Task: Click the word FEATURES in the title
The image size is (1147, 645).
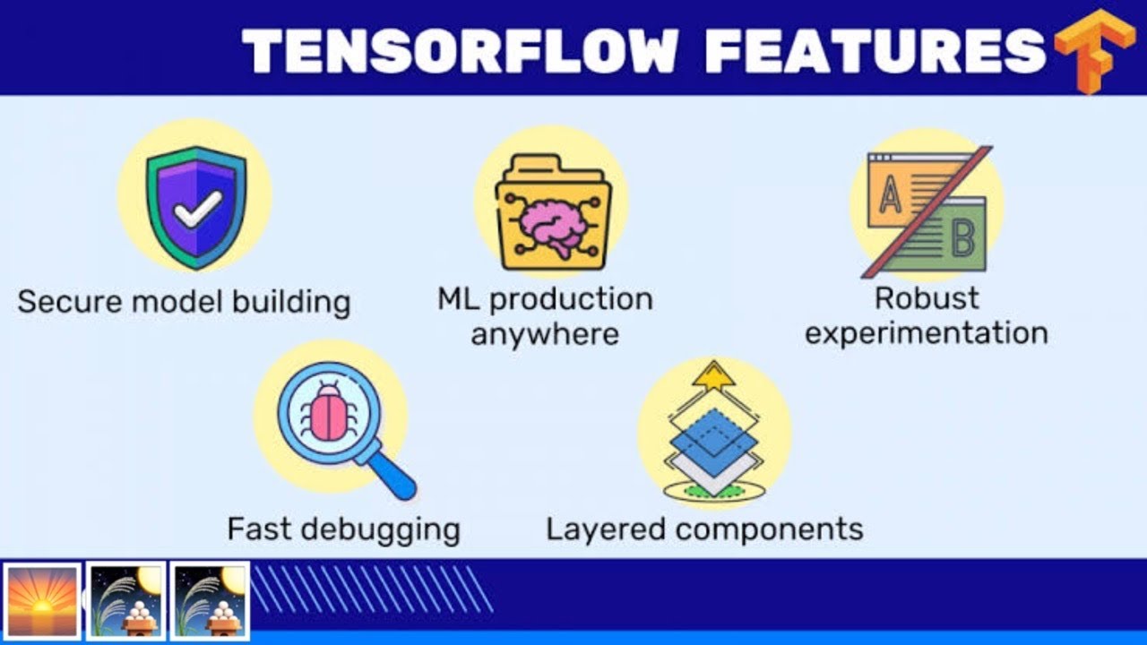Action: [x=875, y=50]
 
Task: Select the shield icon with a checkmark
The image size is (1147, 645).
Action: [x=195, y=207]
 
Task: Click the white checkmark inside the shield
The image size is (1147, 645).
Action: [x=198, y=209]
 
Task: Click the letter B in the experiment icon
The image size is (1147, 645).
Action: [x=962, y=237]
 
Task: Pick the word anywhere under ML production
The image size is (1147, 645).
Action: [x=545, y=334]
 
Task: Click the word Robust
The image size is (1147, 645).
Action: [x=927, y=297]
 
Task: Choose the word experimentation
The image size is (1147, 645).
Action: [x=927, y=333]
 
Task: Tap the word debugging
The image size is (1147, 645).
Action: [x=380, y=529]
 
